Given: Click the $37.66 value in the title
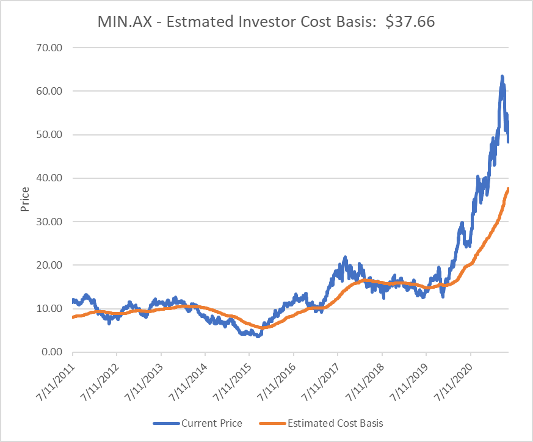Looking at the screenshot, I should click(410, 22).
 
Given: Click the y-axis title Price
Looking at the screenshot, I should click(25, 200).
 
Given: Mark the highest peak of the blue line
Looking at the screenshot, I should click(502, 77).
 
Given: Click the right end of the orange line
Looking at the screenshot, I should click(509, 189).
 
